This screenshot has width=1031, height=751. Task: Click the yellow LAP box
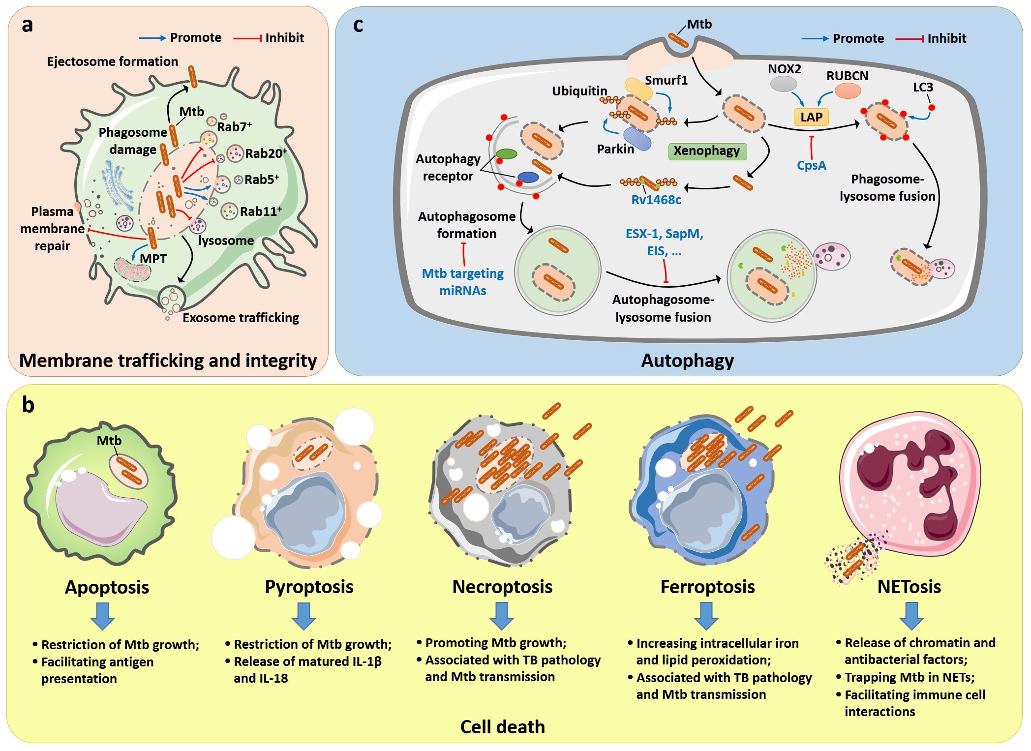point(811,117)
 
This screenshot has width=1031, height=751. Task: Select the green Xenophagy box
point(707,151)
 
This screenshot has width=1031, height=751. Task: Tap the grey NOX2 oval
point(783,84)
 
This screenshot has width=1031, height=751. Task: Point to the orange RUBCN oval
point(848,91)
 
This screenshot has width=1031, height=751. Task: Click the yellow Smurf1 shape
point(638,89)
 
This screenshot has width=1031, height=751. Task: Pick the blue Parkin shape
point(637,139)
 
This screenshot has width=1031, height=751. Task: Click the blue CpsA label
point(811,166)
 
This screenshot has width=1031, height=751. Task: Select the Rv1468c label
point(656,200)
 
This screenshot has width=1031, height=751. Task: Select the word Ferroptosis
point(707,587)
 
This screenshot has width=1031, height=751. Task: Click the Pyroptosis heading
point(309,587)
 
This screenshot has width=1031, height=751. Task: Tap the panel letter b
point(28,405)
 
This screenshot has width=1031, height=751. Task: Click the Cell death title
point(502,727)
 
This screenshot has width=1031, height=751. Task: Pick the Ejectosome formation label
point(112,62)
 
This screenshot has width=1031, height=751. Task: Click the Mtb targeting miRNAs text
point(463,282)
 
